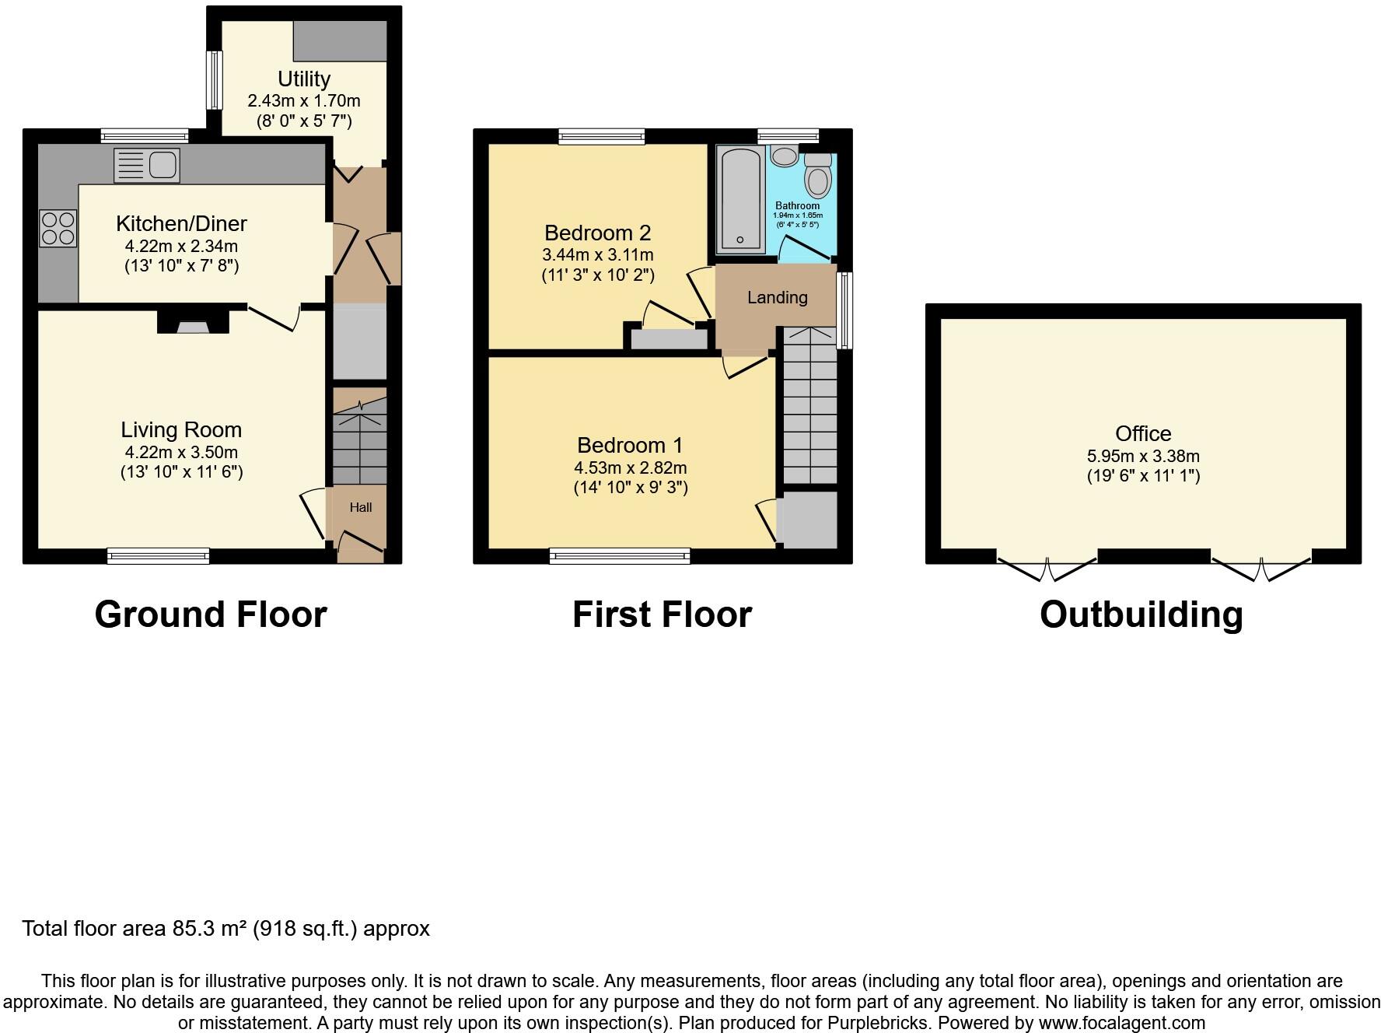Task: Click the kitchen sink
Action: tap(146, 166)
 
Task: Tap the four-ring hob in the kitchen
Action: tap(58, 228)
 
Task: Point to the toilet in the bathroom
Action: tap(817, 175)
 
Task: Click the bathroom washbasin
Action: tap(784, 156)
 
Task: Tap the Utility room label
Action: tap(304, 79)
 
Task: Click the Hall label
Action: tap(361, 507)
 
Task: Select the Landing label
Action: tap(778, 297)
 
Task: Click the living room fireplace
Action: tap(193, 322)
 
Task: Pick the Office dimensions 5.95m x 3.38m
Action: tap(1143, 456)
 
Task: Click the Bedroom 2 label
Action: tap(598, 233)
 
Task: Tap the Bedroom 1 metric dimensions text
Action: tap(631, 467)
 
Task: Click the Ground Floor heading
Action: tap(211, 615)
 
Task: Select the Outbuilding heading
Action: tap(1142, 615)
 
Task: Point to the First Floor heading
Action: tap(663, 615)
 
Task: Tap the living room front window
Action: tap(159, 555)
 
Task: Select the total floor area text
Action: tap(226, 928)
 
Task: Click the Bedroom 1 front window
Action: tap(620, 555)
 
